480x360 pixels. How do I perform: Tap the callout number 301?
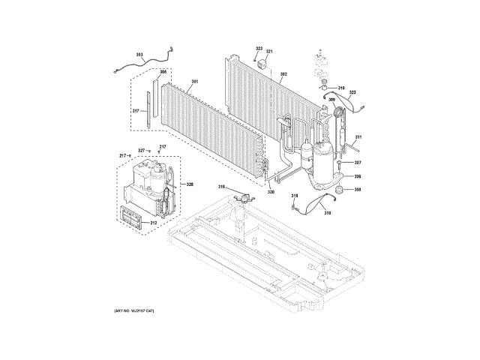(194, 81)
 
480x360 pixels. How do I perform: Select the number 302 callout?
(283, 73)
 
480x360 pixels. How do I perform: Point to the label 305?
(163, 72)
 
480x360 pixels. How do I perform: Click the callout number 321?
(270, 51)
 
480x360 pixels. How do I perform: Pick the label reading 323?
(259, 49)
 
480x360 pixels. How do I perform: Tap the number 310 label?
(340, 88)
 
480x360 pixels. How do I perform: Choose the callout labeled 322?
(352, 92)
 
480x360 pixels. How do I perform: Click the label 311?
(358, 136)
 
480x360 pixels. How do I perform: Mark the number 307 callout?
(358, 162)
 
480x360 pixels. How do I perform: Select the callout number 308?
(358, 190)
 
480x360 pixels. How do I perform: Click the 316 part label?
(222, 186)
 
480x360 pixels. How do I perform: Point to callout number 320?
(270, 191)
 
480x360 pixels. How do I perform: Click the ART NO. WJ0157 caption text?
(134, 310)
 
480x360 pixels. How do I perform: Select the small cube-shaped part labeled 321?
(262, 64)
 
